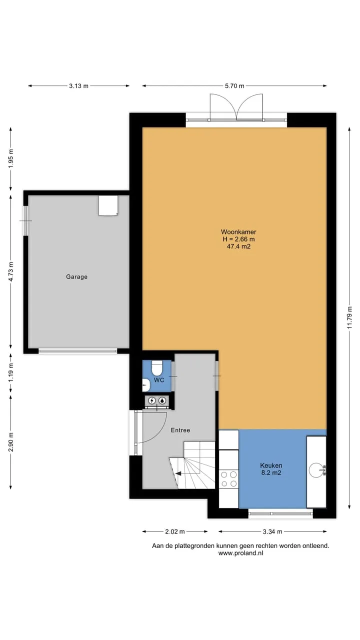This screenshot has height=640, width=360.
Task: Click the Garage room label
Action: click(76, 276)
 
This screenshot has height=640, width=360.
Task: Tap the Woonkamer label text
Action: click(238, 232)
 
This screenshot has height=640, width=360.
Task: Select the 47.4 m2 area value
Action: click(238, 246)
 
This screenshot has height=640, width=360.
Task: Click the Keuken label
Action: click(271, 465)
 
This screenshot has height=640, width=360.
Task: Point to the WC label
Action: click(159, 380)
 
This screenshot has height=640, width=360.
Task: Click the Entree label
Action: click(180, 430)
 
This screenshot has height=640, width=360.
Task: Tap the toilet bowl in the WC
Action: click(156, 368)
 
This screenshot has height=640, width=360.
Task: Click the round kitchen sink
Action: click(316, 470)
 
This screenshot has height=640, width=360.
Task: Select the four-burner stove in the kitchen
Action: click(228, 479)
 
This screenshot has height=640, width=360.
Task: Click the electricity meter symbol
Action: click(151, 400)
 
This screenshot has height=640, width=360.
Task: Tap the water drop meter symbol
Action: click(162, 400)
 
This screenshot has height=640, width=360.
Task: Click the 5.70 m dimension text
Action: click(234, 85)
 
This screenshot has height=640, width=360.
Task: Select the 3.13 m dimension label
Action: click(78, 85)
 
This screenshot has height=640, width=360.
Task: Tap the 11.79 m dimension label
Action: click(349, 317)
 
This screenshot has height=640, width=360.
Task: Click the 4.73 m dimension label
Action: click(11, 271)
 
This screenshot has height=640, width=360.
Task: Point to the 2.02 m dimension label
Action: click(175, 531)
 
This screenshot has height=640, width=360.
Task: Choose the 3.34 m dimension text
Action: click(272, 531)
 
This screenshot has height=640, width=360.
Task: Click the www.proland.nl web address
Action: click(240, 553)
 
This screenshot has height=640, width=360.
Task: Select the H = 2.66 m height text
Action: click(238, 239)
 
